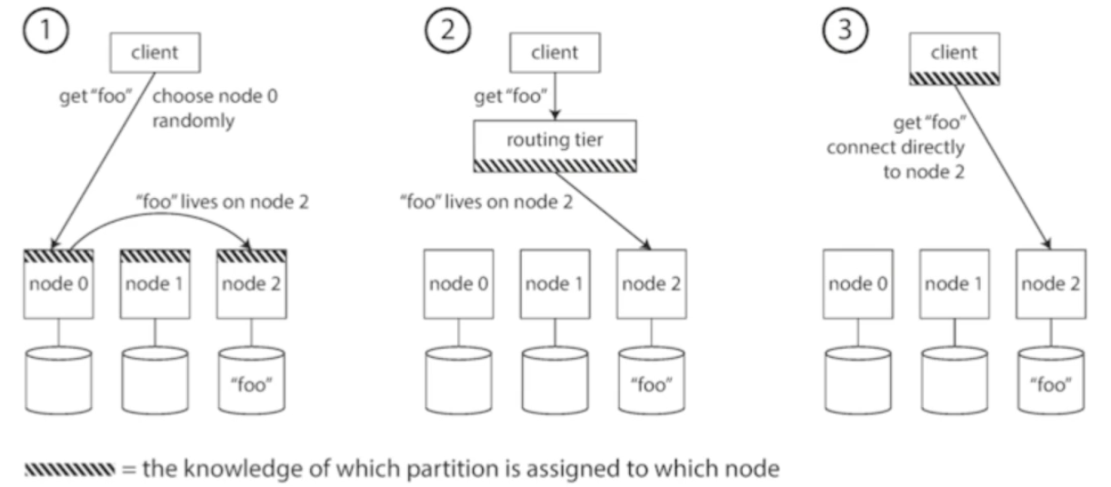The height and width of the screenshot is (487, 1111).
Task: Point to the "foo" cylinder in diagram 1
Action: (x=252, y=377)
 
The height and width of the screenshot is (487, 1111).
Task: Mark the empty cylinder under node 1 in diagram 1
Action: (x=154, y=377)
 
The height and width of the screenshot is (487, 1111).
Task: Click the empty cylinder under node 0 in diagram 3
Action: (x=855, y=377)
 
